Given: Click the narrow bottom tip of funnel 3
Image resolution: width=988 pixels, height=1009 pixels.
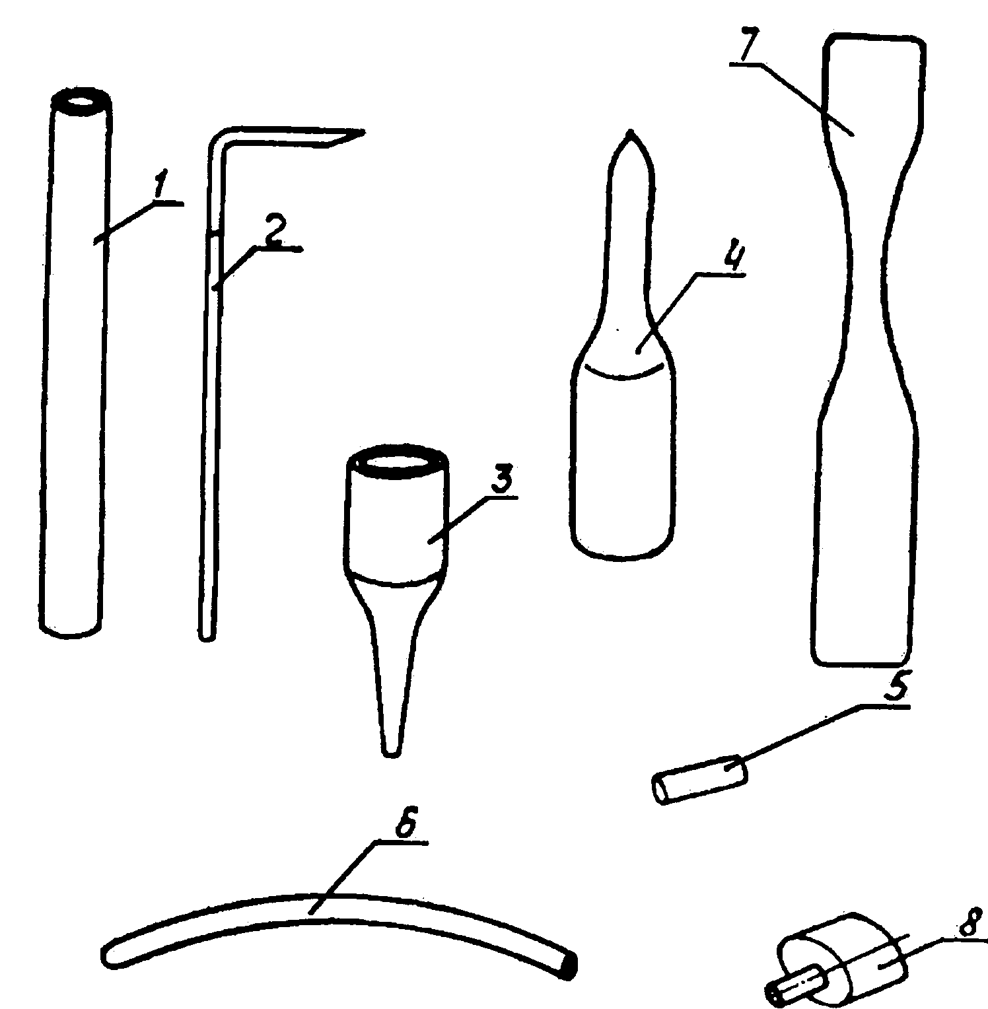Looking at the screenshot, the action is (x=392, y=749).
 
